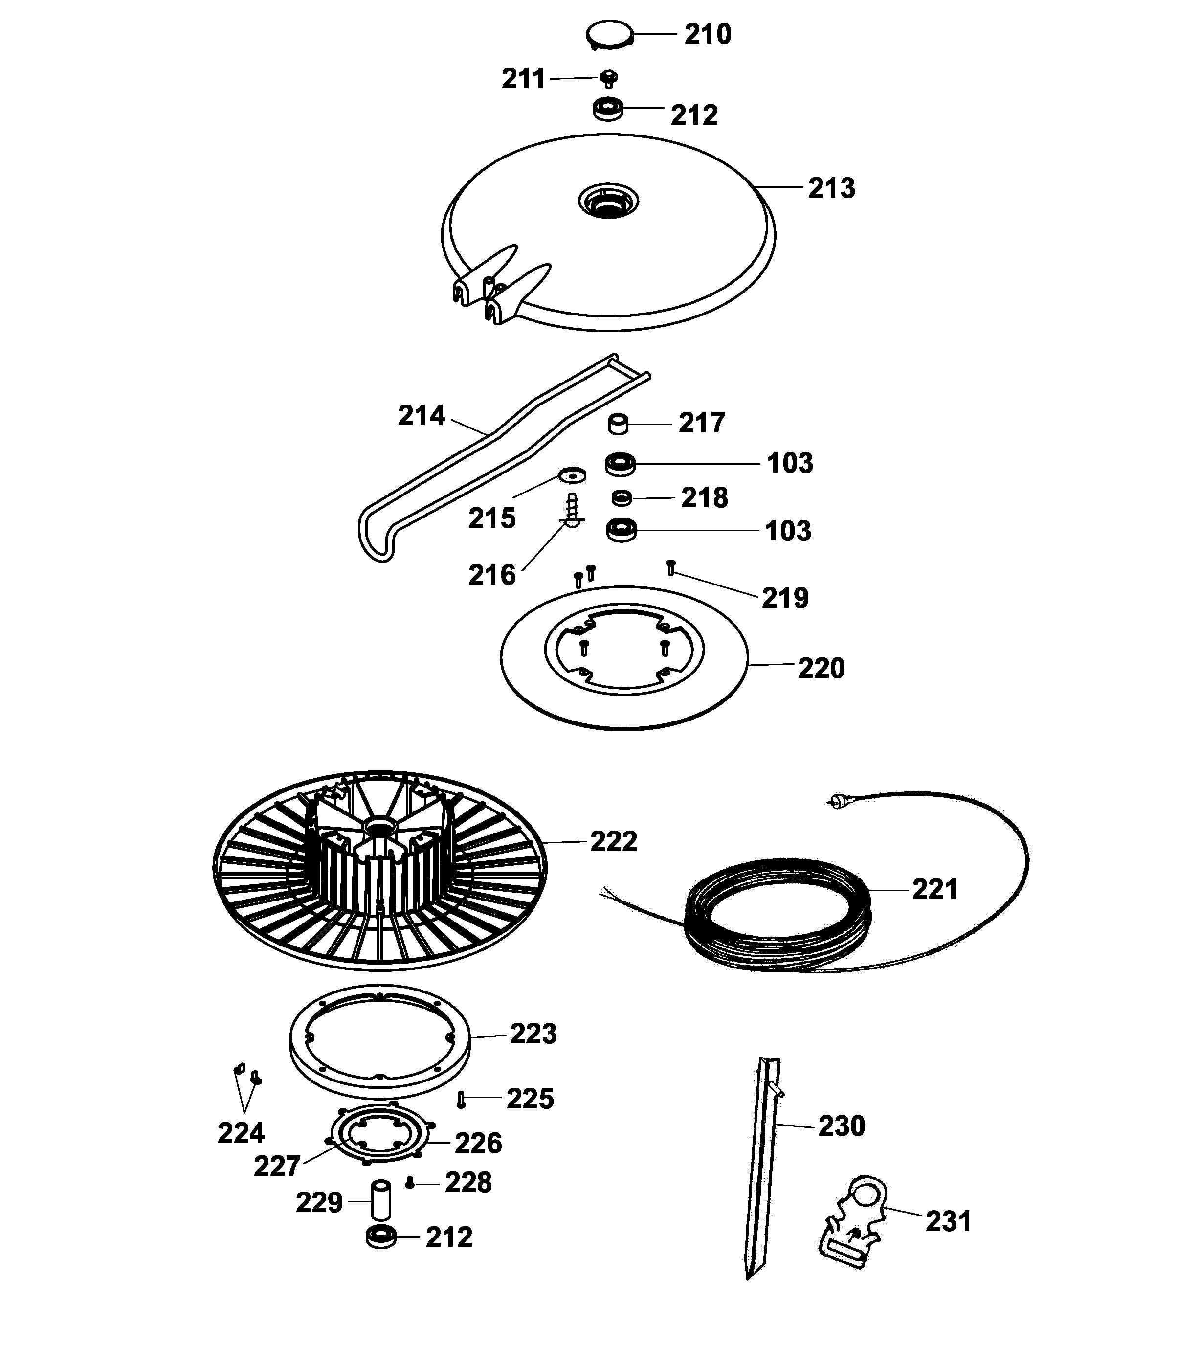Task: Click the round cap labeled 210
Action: (609, 34)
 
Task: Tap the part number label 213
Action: (831, 188)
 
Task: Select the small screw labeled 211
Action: (609, 79)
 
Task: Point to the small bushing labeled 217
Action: (619, 424)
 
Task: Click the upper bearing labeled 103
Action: (620, 463)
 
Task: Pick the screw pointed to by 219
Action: (671, 567)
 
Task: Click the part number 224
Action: (241, 1133)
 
